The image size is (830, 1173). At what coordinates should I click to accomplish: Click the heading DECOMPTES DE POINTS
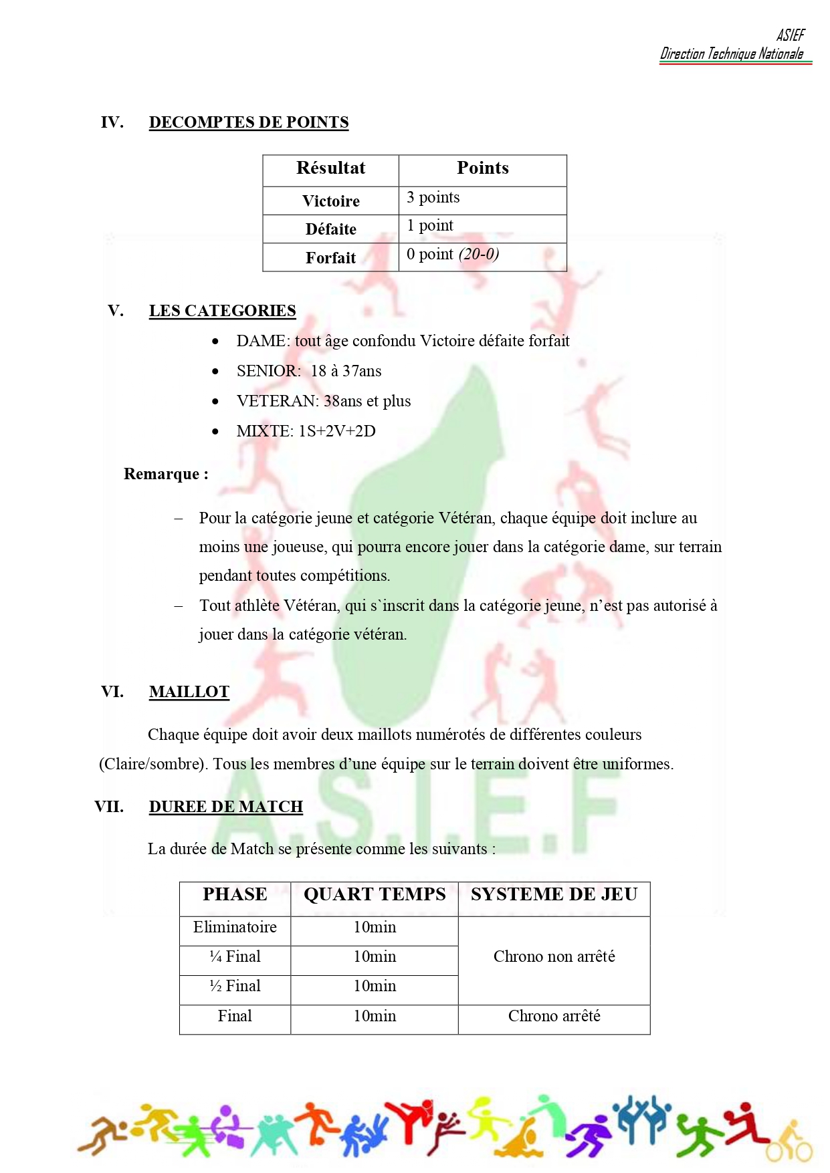pos(248,122)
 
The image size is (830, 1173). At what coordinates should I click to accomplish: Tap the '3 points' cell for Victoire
pos(433,198)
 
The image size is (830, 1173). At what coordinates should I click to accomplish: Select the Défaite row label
pos(330,229)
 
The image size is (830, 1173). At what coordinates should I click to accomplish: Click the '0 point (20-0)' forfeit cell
pos(452,255)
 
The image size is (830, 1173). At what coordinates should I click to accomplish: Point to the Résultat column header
pos(330,168)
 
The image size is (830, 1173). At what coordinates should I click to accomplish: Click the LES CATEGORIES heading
pos(222,311)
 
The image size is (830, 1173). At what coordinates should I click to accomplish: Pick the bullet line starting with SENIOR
pos(308,371)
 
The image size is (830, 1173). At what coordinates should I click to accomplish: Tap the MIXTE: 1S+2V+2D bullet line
pos(306,431)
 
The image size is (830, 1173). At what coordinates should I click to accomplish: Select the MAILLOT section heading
pos(189,692)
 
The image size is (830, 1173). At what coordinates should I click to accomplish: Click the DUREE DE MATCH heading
pos(225,807)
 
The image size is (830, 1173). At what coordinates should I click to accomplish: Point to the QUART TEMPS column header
pos(375,895)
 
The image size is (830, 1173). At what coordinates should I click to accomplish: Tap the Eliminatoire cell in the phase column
pos(235,928)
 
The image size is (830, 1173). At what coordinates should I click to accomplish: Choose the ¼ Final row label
pos(235,957)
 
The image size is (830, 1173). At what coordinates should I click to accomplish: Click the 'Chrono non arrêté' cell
pos(554,957)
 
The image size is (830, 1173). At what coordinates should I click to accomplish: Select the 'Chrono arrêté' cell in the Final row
pos(554,1017)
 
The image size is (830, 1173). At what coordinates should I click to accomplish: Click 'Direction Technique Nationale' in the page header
pos(732,54)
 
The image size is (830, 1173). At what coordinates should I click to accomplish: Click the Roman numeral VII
pos(109,807)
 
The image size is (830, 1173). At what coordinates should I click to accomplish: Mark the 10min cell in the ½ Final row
pos(375,987)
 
